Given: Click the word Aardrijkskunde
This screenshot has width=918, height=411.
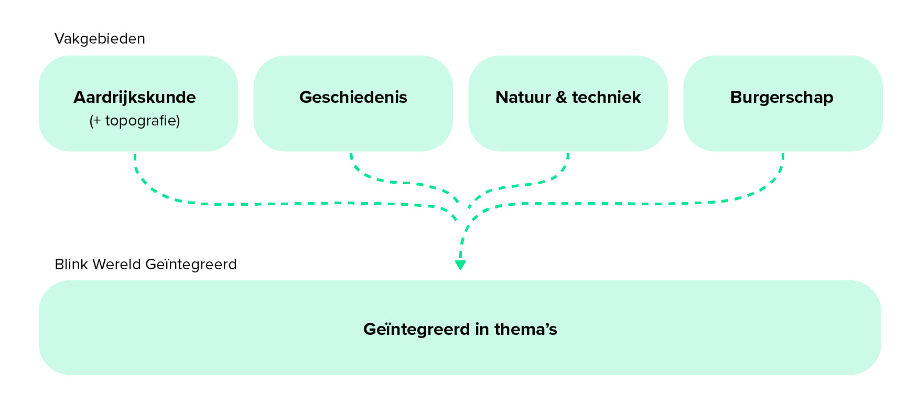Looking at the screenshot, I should coord(135,98).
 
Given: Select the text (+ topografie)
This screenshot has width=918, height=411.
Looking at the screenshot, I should coord(135,121).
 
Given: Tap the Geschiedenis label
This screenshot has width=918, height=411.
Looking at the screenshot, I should coord(353,98).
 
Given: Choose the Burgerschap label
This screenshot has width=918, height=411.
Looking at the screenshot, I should coord(782,98).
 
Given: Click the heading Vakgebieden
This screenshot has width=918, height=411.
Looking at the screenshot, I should coord(100,39).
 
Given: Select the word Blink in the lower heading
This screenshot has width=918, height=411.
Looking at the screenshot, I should coord(71,264).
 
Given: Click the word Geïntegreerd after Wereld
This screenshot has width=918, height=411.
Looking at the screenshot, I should coord(191,264).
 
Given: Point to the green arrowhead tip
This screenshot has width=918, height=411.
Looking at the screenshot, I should coord(460,268).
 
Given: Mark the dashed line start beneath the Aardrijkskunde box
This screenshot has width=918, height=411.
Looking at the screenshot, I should coord(135,156).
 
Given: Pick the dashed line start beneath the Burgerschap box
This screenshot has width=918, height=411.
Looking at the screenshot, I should coord(783,156).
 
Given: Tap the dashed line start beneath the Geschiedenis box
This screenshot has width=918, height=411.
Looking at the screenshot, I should coord(351,156).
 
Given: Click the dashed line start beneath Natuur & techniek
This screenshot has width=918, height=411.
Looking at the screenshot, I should coord(568,156).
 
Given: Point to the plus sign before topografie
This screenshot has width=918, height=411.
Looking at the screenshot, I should coord(96,121).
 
